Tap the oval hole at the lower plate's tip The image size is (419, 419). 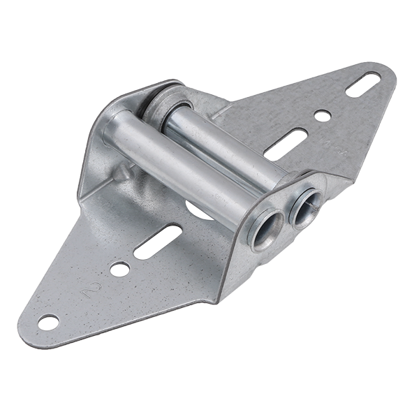[48, 322]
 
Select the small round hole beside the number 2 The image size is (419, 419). [119, 269]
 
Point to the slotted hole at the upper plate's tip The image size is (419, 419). [363, 84]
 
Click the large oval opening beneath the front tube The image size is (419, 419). [199, 209]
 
